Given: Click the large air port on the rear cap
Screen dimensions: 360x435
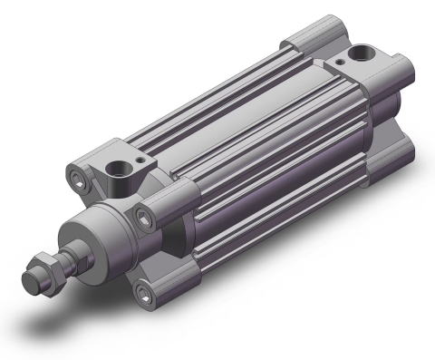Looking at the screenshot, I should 364,55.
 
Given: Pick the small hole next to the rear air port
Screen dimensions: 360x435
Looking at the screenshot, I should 342,62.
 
